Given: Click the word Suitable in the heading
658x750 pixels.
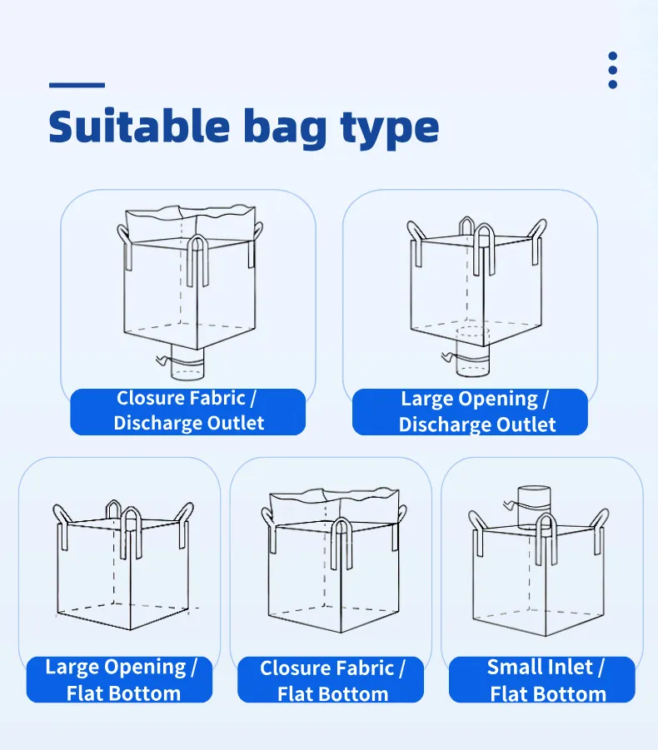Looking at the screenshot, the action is pyautogui.click(x=139, y=126).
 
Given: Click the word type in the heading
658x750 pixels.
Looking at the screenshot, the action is pyautogui.click(x=390, y=129).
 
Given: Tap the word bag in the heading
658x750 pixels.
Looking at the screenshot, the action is pyautogui.click(x=285, y=129).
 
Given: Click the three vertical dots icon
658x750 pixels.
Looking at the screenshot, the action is pyautogui.click(x=612, y=70).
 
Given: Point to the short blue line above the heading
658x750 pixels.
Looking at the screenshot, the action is pyautogui.click(x=77, y=85).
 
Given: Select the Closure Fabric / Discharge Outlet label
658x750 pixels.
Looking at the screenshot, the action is pyautogui.click(x=187, y=411).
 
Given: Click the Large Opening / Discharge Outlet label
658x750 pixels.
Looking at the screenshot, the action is pyautogui.click(x=470, y=412).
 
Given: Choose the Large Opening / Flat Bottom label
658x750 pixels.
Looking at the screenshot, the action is pyautogui.click(x=119, y=679).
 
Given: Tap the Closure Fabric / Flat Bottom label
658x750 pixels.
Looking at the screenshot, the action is pyautogui.click(x=331, y=680).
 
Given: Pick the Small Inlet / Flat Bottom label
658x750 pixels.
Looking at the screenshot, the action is pyautogui.click(x=542, y=680).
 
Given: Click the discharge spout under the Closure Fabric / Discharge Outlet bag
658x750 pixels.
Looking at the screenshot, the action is pyautogui.click(x=187, y=364).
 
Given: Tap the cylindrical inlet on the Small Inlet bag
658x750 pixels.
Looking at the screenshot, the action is pyautogui.click(x=534, y=507).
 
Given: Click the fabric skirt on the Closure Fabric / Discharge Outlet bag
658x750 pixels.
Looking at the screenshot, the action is pyautogui.click(x=190, y=224).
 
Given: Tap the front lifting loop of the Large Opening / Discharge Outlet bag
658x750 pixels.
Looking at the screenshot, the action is pyautogui.click(x=484, y=250).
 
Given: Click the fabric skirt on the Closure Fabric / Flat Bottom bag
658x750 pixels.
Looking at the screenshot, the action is pyautogui.click(x=334, y=507).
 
